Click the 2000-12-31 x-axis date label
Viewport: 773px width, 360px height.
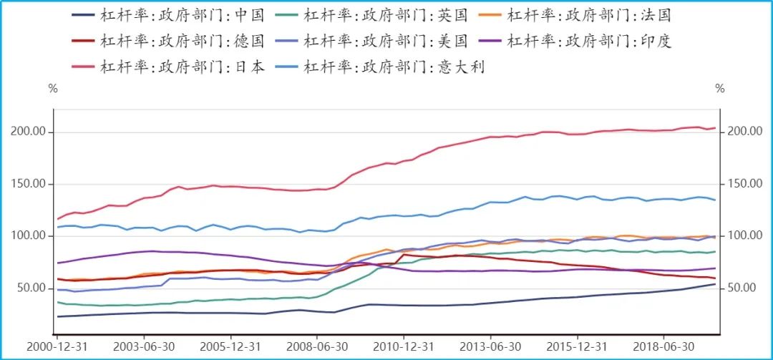click(x=57, y=346)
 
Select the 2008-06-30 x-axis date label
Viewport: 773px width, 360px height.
click(x=317, y=346)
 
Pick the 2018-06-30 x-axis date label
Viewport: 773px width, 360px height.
click(x=663, y=346)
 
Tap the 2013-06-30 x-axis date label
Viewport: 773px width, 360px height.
click(x=490, y=346)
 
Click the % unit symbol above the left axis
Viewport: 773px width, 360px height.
click(x=52, y=89)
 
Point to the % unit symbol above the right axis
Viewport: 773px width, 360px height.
click(x=720, y=89)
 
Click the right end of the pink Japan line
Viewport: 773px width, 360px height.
click(x=715, y=128)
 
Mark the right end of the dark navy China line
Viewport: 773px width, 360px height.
click(x=715, y=284)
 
